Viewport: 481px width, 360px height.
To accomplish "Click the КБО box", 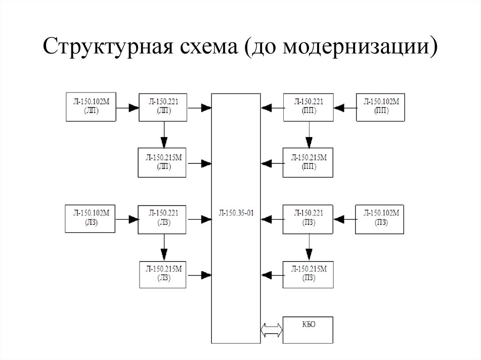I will (308, 330).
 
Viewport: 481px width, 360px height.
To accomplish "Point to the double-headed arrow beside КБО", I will (272, 330).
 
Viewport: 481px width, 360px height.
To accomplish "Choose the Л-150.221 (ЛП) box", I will (163, 107).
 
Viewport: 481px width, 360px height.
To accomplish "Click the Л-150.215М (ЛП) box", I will (163, 163).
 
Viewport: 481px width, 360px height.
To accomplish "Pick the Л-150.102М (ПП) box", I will (381, 107).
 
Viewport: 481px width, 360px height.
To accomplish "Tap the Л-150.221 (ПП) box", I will (308, 107).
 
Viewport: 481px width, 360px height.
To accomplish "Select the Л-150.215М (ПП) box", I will (308, 163).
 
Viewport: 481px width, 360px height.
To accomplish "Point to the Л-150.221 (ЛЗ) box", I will (163, 219).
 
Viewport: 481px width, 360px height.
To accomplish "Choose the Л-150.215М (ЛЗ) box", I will (163, 274).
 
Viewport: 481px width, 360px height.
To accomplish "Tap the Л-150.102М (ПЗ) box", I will (381, 219).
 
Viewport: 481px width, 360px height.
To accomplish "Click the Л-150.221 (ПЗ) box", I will (308, 219).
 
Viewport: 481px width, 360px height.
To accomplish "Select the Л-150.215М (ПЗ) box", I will (308, 274).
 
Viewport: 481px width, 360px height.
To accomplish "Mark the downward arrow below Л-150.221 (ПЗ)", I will (308, 247).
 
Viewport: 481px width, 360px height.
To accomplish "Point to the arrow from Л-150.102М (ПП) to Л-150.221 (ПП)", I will (345, 107).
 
